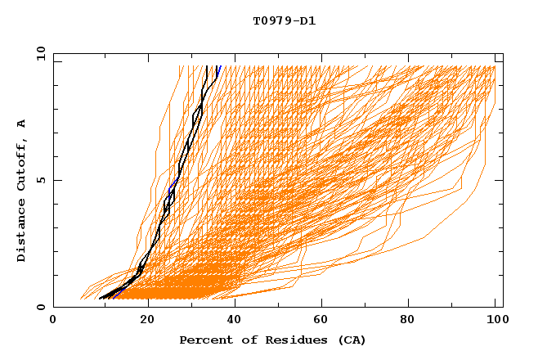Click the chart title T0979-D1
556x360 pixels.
coord(284,20)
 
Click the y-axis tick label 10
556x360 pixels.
coord(40,53)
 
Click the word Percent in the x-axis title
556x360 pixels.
coord(202,340)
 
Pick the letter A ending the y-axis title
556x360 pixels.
coord(21,124)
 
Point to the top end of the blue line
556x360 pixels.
coord(220,66)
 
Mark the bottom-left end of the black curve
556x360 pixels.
coord(100,298)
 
